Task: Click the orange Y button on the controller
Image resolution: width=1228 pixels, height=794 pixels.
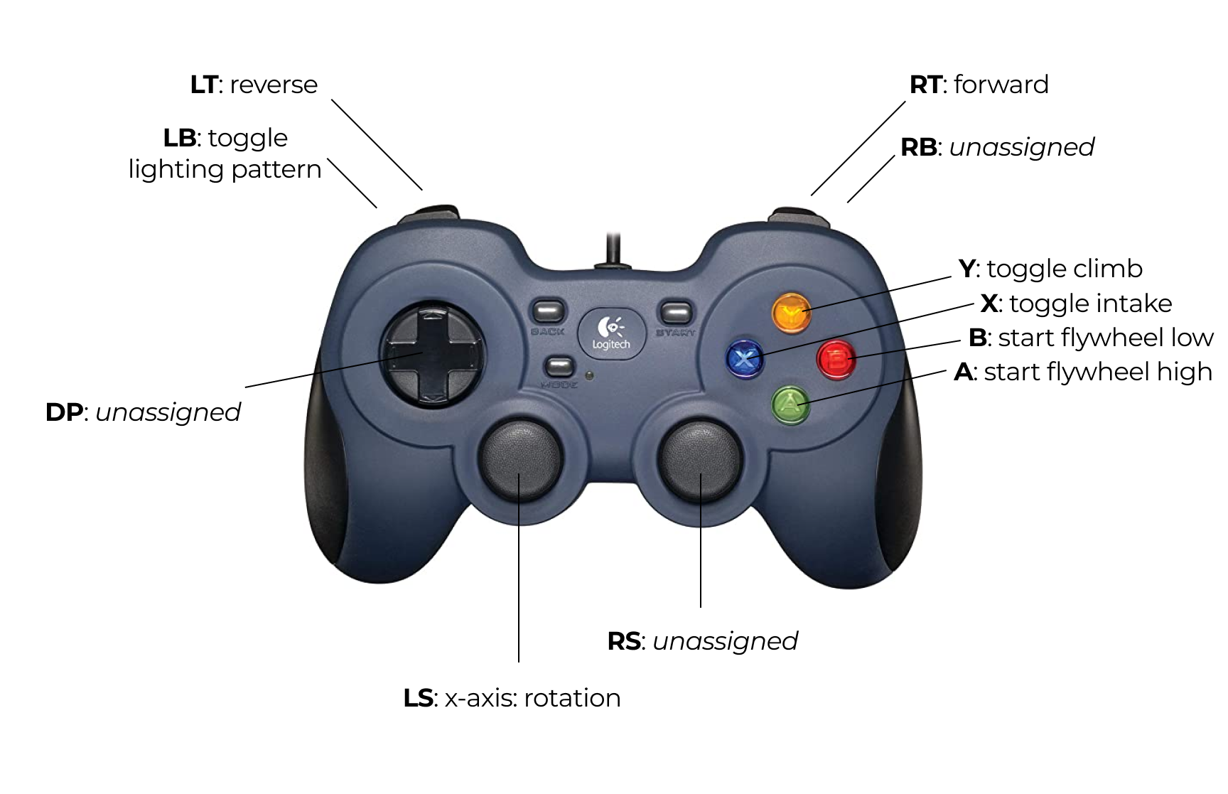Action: [x=792, y=312]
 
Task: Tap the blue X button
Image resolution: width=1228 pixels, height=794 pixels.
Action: [x=744, y=358]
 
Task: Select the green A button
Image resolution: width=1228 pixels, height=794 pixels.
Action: [x=791, y=404]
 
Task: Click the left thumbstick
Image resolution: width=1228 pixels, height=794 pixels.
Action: [x=521, y=458]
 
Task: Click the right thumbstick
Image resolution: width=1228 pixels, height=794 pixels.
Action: [x=701, y=458]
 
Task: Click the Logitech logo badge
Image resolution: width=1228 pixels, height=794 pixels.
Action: [x=611, y=333]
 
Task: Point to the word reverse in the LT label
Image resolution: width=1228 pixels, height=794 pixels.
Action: [x=274, y=85]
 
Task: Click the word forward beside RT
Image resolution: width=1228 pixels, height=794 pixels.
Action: [x=1001, y=85]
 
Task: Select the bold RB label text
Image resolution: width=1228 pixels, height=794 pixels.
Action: [x=918, y=147]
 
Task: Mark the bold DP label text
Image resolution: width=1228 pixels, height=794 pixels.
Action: [x=64, y=412]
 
